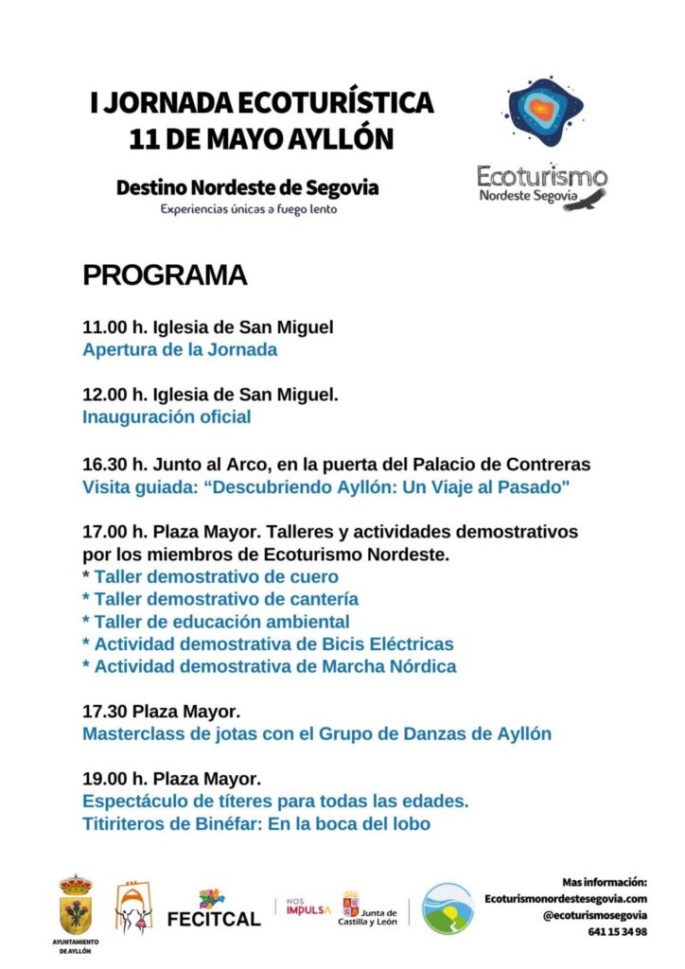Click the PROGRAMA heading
tap(165, 275)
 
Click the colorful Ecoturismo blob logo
tap(544, 112)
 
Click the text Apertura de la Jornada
tap(180, 349)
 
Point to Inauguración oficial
tap(167, 416)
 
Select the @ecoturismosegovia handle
tap(594, 915)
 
